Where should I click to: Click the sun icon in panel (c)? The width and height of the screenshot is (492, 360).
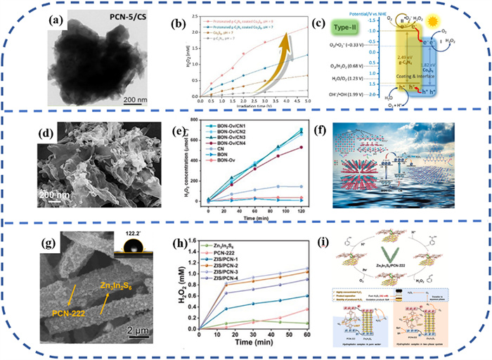point(462,21)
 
